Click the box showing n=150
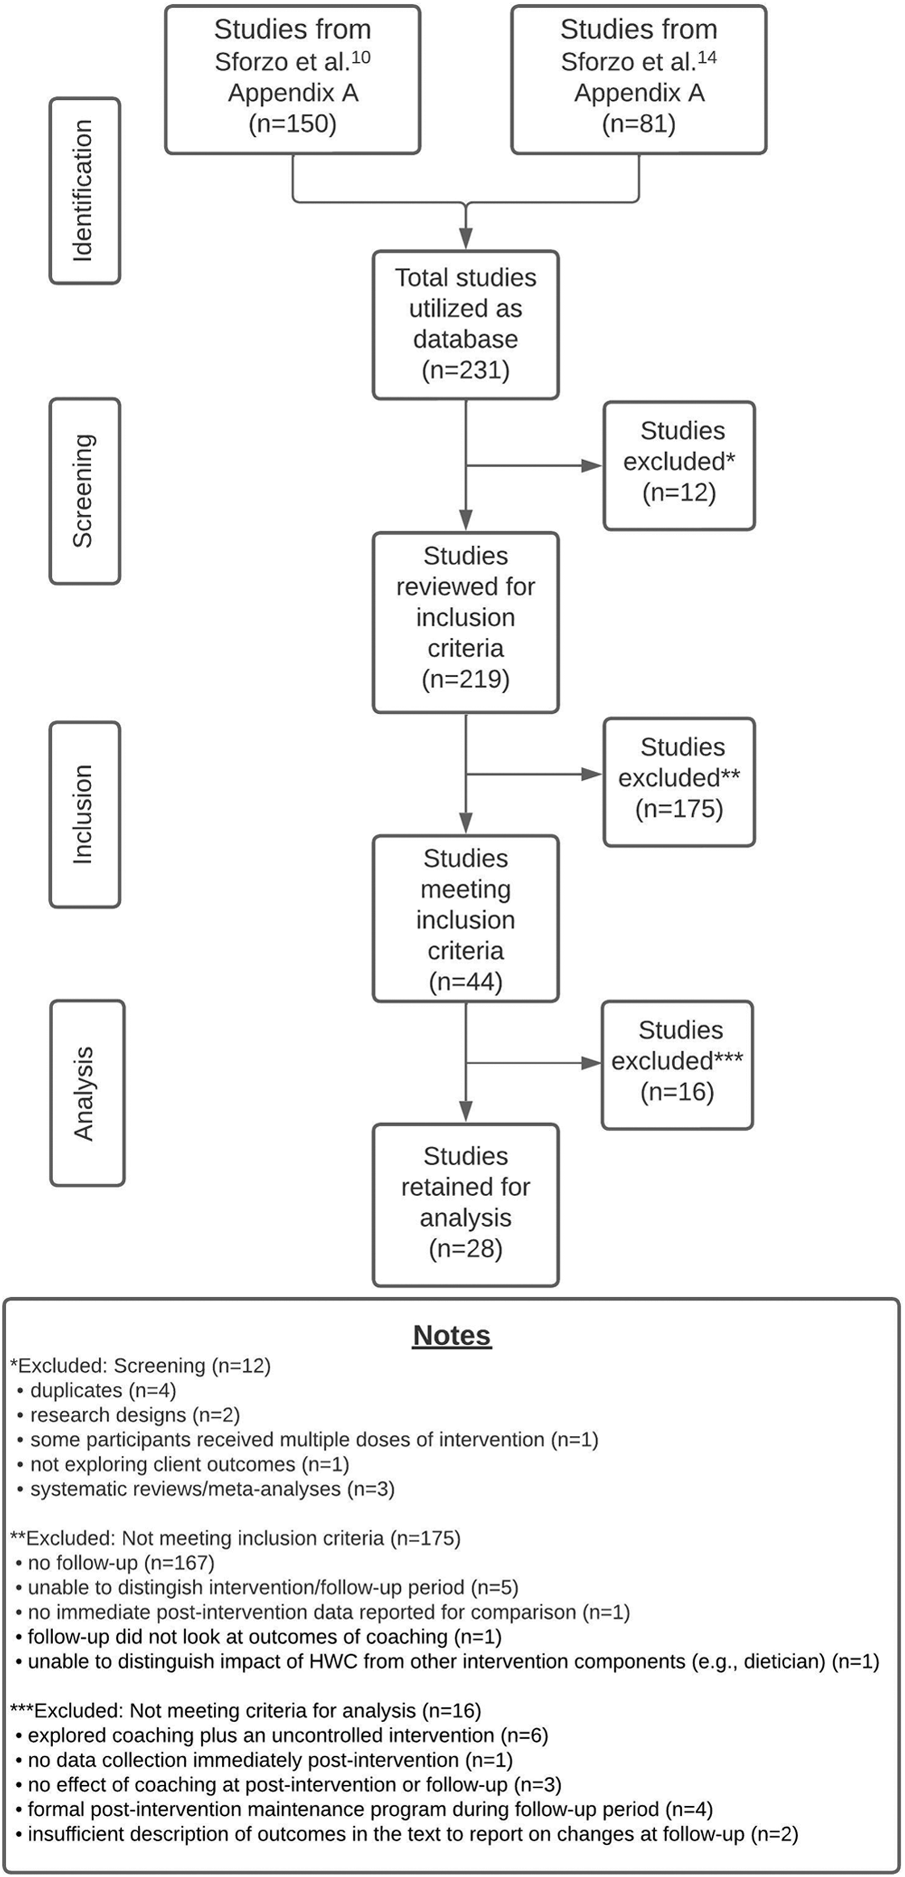point(293,79)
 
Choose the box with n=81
point(639,79)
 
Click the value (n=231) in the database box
point(466,370)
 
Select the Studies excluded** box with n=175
point(679,782)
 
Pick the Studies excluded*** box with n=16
point(677,1064)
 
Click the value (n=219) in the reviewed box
point(466,679)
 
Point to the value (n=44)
point(466,981)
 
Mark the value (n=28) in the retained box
point(466,1248)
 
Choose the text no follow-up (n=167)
point(121,1563)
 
